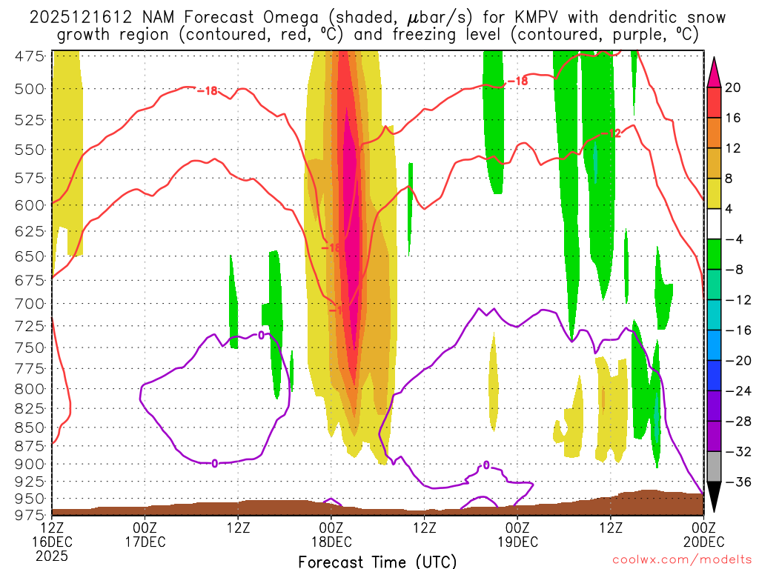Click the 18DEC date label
click(331, 541)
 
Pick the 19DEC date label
click(517, 541)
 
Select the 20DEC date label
click(703, 541)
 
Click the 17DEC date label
click(145, 541)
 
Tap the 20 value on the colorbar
click(733, 87)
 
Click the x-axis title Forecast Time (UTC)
click(377, 561)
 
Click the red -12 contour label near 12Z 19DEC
click(614, 133)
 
